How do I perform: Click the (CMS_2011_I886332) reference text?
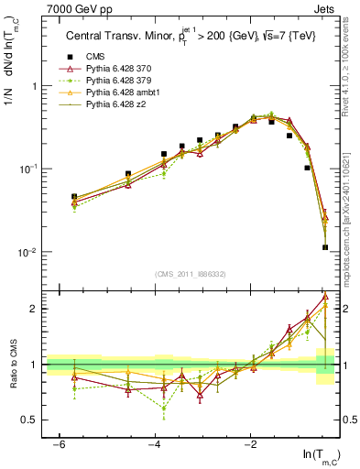pos(191,274)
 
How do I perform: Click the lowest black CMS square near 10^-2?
pos(325,246)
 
